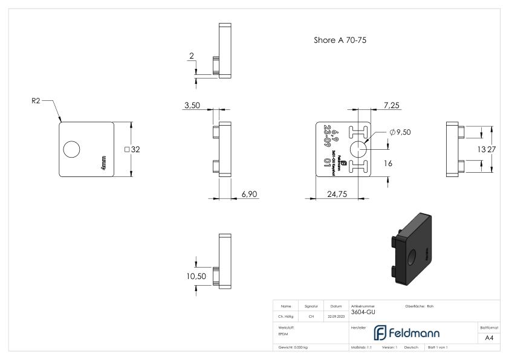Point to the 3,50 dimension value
click(x=192, y=105)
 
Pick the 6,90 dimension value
click(x=250, y=193)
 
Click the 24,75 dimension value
click(x=336, y=193)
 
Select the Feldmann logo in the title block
click(x=412, y=333)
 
